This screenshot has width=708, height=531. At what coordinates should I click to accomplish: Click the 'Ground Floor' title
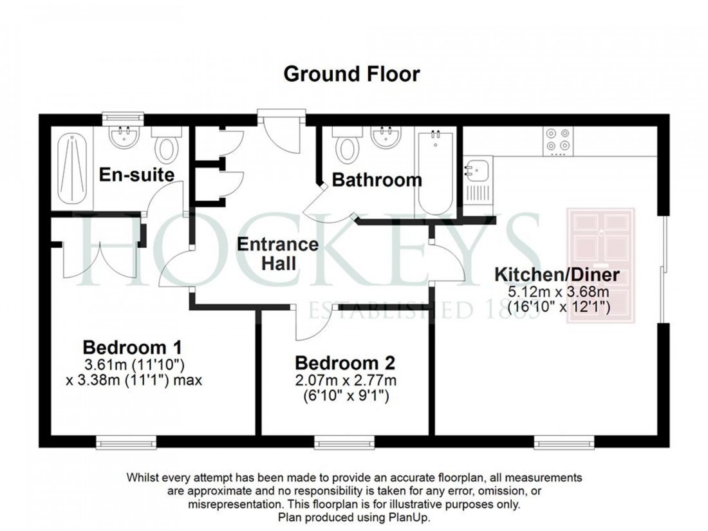click(x=351, y=74)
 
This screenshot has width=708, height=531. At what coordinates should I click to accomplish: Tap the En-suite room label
click(x=136, y=174)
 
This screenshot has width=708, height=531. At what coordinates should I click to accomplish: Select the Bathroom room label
click(x=377, y=180)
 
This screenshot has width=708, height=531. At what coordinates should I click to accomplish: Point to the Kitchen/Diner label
click(x=557, y=275)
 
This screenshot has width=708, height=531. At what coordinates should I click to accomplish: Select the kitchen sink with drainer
click(x=477, y=180)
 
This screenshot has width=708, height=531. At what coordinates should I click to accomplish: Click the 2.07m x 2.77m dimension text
click(x=344, y=380)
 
